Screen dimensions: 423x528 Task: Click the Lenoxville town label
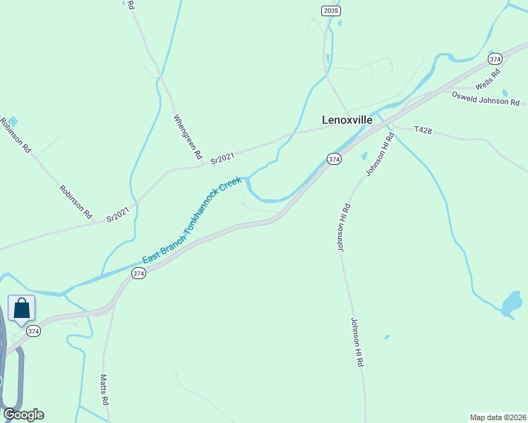pyautogui.click(x=347, y=120)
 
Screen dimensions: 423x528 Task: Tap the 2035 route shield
pyautogui.click(x=330, y=10)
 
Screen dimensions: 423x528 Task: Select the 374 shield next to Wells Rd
pyautogui.click(x=495, y=59)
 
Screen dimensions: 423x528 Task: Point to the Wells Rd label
pyautogui.click(x=488, y=78)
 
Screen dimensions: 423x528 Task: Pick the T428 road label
pyautogui.click(x=422, y=130)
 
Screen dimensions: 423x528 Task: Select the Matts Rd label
pyautogui.click(x=104, y=389)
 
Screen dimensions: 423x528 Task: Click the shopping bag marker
pyautogui.click(x=21, y=309)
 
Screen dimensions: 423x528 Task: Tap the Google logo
pyautogui.click(x=23, y=415)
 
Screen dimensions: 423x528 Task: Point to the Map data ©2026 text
pyautogui.click(x=498, y=417)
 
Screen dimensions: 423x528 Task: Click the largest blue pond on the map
pyautogui.click(x=512, y=305)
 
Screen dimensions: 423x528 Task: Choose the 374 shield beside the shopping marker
pyautogui.click(x=32, y=330)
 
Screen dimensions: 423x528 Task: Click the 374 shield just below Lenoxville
pyautogui.click(x=334, y=159)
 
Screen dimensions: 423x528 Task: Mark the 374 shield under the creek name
pyautogui.click(x=138, y=273)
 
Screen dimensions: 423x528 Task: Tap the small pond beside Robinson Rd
pyautogui.click(x=12, y=122)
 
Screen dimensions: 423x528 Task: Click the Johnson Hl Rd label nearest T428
pyautogui.click(x=379, y=154)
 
